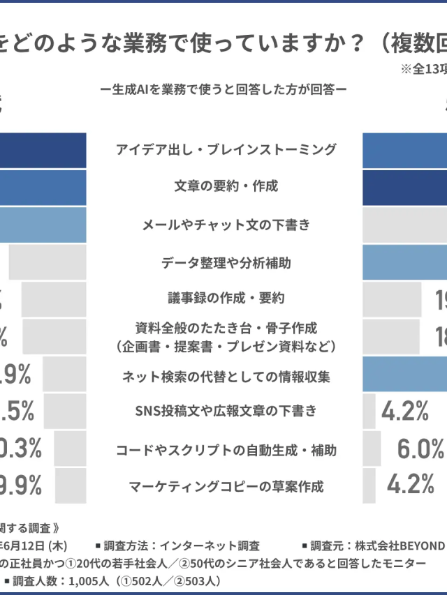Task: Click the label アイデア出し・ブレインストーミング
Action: tap(226, 149)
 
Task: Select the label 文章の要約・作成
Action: tap(226, 186)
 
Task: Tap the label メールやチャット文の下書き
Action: tap(226, 225)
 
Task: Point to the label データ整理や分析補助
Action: tap(226, 262)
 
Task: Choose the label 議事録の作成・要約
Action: tap(226, 298)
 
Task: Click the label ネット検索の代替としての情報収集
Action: tap(226, 377)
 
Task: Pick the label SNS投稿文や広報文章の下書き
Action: tap(226, 411)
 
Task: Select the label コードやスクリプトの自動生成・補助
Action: tap(226, 450)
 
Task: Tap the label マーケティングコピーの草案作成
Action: tap(226, 485)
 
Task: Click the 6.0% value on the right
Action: tap(420, 450)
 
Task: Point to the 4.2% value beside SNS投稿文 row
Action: tap(405, 412)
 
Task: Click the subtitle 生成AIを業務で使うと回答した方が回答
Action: tap(223, 89)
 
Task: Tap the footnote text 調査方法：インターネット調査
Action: tap(182, 545)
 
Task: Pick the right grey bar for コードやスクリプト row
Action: tap(372, 449)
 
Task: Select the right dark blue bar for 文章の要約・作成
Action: tap(405, 188)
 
